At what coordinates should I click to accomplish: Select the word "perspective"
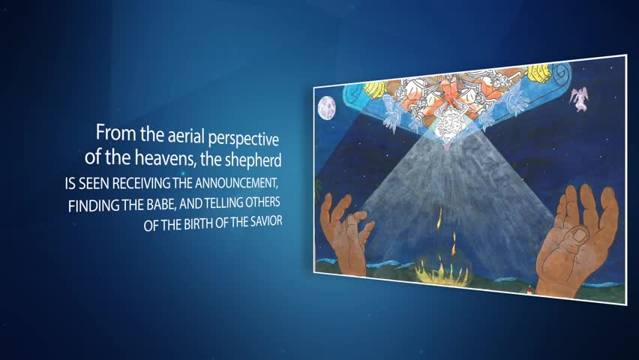click(x=244, y=139)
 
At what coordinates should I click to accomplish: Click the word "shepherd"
click(x=253, y=160)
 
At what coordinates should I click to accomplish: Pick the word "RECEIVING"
click(x=142, y=184)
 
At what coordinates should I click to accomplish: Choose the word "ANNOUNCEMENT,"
click(x=237, y=182)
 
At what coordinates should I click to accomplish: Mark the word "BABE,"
click(x=162, y=204)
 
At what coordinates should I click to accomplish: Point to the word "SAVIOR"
click(x=266, y=221)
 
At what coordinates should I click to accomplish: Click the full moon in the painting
click(x=326, y=108)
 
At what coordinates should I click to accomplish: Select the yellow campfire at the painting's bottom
click(x=442, y=269)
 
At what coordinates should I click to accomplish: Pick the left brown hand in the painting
click(x=345, y=232)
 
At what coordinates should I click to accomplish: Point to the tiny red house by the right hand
click(x=530, y=290)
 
